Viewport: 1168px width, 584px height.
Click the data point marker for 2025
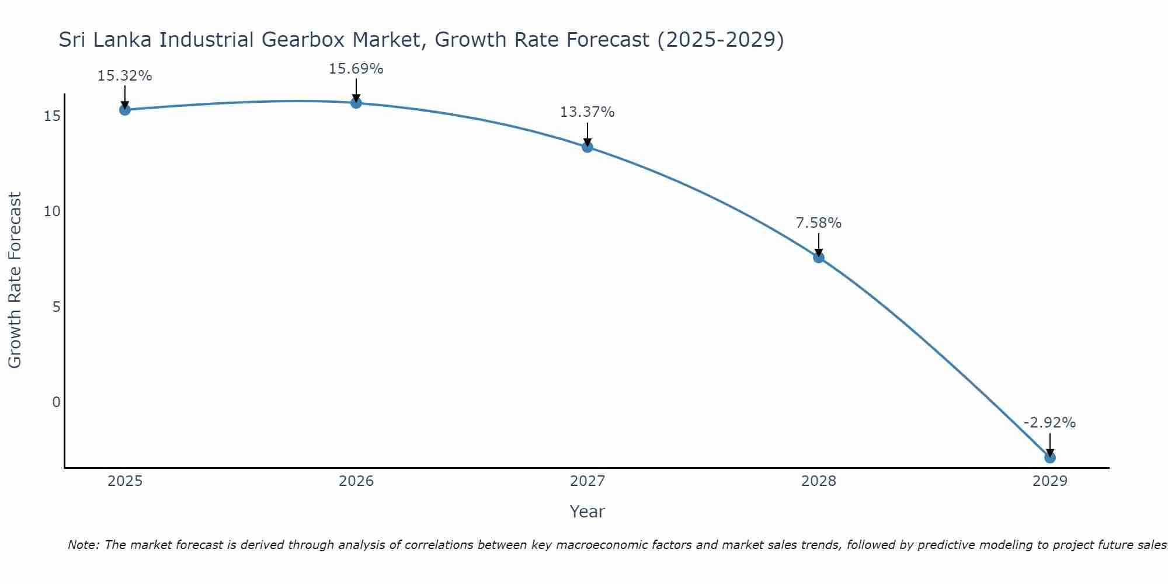[x=125, y=110]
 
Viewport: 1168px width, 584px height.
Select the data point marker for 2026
[x=356, y=103]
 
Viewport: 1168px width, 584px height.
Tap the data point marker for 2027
[x=588, y=147]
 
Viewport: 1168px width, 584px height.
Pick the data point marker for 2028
[x=819, y=258]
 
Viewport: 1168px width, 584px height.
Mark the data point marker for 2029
[x=1050, y=458]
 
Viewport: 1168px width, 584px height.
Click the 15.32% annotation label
[x=124, y=76]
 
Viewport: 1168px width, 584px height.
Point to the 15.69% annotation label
[x=356, y=69]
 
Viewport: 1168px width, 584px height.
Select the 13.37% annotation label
[x=587, y=112]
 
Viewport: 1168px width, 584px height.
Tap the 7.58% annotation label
[x=818, y=223]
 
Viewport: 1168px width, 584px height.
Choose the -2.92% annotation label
[x=1049, y=423]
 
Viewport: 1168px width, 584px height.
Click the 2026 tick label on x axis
[x=356, y=481]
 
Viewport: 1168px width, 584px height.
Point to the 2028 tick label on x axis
[x=819, y=481]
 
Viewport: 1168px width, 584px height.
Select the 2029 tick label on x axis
[x=1050, y=481]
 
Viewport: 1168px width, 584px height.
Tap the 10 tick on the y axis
[x=53, y=211]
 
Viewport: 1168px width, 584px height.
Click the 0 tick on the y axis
[x=56, y=402]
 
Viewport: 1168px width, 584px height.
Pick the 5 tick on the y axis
[x=56, y=307]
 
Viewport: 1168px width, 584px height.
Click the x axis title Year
[x=587, y=512]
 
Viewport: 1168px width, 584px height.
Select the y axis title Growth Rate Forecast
[x=15, y=280]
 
